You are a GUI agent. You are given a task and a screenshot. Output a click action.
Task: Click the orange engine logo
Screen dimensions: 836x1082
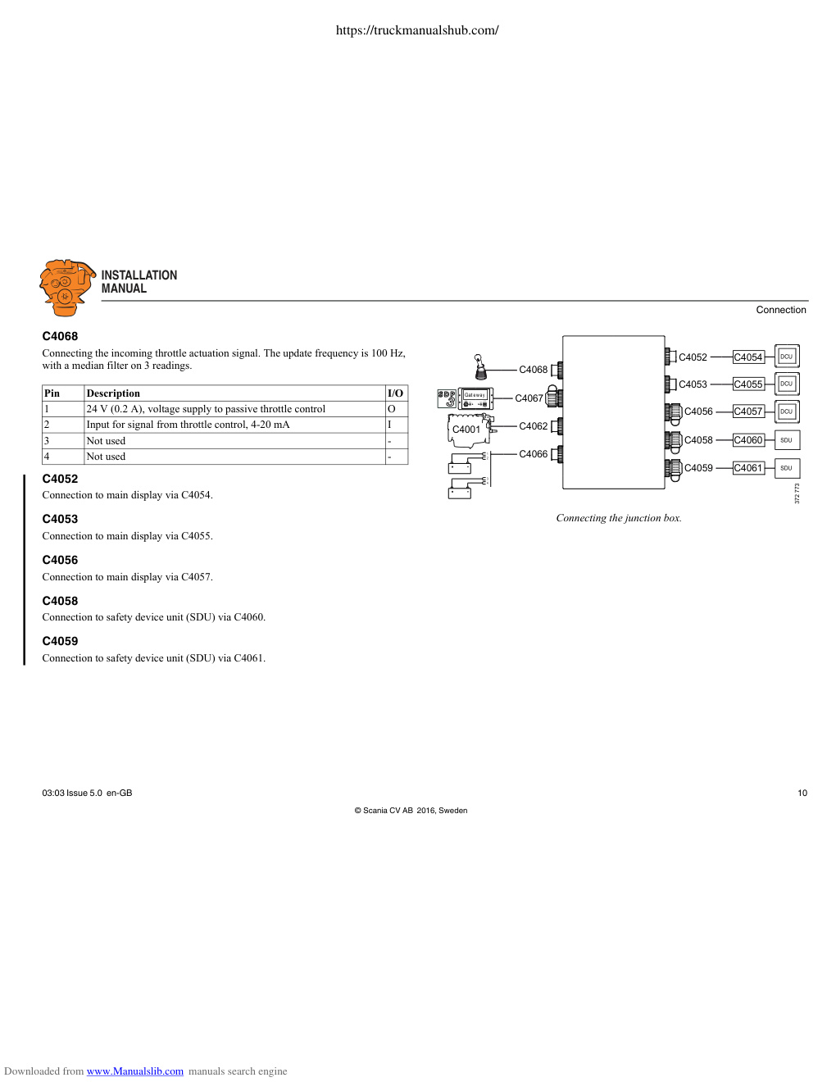click(x=67, y=288)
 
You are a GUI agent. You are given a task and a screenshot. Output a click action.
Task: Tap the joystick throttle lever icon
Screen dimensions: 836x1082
click(x=480, y=366)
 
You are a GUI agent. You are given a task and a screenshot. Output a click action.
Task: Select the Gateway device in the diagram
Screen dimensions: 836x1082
click(x=475, y=398)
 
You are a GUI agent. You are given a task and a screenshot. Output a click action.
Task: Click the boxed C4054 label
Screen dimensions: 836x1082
click(x=747, y=357)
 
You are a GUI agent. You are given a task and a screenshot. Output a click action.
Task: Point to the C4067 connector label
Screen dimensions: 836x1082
click(x=529, y=398)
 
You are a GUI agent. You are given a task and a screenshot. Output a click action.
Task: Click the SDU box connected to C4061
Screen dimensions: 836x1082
click(x=787, y=468)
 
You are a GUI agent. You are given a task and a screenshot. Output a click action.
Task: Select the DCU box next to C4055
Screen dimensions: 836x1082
click(x=787, y=384)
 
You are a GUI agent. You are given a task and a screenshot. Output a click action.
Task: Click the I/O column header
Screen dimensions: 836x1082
click(x=395, y=393)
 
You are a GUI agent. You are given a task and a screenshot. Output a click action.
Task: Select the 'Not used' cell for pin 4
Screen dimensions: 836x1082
click(x=106, y=457)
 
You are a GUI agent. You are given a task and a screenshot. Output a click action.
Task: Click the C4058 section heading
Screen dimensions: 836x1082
click(x=61, y=601)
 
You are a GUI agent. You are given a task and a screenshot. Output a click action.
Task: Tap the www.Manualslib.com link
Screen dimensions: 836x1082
click(x=135, y=1071)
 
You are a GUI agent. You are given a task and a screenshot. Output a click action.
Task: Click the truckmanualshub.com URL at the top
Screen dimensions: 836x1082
click(x=417, y=30)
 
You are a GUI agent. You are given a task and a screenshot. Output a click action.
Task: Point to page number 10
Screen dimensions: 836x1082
click(x=802, y=793)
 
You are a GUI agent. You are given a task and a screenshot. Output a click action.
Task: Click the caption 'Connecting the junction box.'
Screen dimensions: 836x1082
click(x=619, y=518)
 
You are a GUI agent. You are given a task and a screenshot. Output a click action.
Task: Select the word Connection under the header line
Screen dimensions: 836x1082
click(x=781, y=310)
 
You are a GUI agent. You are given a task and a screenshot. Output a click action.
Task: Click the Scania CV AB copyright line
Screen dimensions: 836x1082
click(x=411, y=811)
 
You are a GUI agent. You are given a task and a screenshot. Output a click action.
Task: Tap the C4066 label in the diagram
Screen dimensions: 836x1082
click(x=534, y=454)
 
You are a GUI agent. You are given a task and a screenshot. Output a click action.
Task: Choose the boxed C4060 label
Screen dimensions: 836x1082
click(x=747, y=440)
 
